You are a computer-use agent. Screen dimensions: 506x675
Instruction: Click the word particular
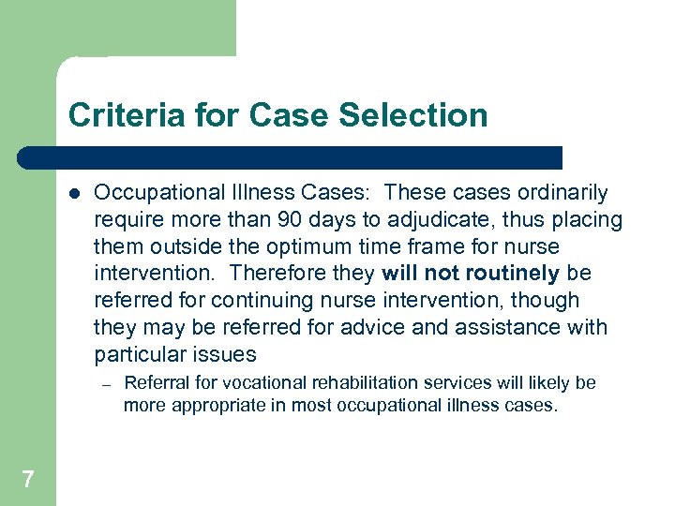click(134, 355)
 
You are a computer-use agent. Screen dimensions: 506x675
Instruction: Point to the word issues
click(226, 355)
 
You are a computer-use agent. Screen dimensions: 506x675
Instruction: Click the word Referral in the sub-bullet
click(154, 383)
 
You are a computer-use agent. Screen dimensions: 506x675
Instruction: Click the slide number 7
click(28, 480)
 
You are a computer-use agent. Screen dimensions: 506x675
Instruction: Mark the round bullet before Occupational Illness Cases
click(74, 194)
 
